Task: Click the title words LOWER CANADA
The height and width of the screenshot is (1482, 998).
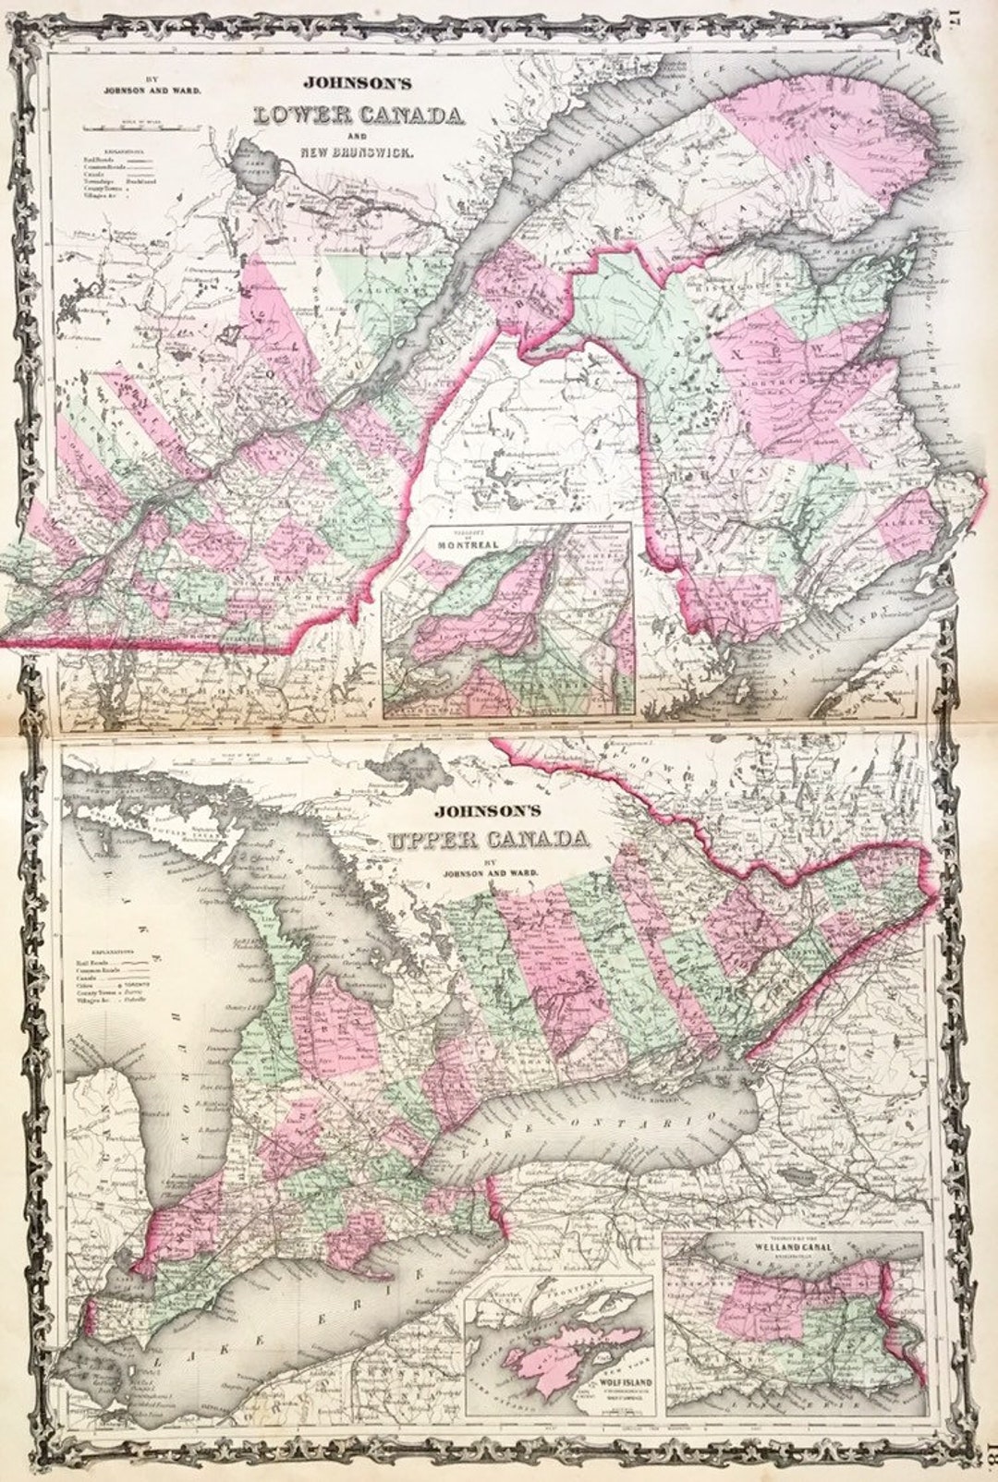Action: pyautogui.click(x=359, y=116)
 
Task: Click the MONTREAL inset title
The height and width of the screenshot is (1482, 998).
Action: pyautogui.click(x=468, y=544)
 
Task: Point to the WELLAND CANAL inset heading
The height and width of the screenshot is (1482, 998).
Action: pyautogui.click(x=794, y=1246)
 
